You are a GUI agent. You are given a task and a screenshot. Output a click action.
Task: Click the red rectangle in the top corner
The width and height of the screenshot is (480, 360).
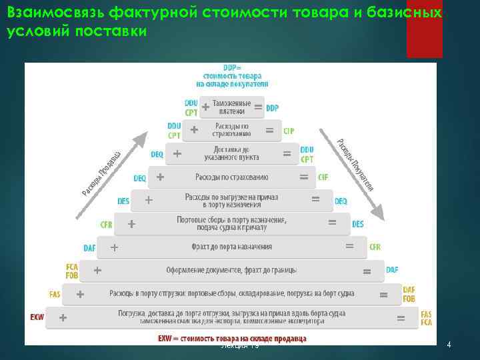pyautogui.click(x=424, y=29)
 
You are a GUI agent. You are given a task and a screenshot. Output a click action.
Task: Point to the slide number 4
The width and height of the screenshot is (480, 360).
pyautogui.click(x=449, y=345)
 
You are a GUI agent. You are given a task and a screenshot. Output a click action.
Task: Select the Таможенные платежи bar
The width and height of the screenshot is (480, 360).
pyautogui.click(x=231, y=107)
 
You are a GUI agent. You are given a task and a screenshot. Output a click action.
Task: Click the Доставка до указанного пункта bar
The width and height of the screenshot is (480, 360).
pyautogui.click(x=231, y=153)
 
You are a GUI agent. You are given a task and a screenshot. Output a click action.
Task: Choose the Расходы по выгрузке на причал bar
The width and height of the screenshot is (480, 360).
pyautogui.click(x=231, y=200)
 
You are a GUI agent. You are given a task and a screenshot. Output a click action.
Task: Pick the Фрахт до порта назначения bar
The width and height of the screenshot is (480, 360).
pyautogui.click(x=231, y=247)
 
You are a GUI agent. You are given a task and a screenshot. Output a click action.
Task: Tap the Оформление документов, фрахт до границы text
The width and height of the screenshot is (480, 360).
pyautogui.click(x=231, y=270)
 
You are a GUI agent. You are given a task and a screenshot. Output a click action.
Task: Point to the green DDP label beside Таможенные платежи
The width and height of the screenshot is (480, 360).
pyautogui.click(x=272, y=108)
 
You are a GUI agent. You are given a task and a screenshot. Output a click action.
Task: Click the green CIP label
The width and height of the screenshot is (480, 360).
pyautogui.click(x=289, y=131)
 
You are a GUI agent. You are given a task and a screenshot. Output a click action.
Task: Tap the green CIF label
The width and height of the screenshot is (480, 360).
pyautogui.click(x=323, y=177)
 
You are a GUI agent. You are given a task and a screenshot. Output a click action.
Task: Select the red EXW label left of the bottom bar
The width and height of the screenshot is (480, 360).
pyautogui.click(x=37, y=317)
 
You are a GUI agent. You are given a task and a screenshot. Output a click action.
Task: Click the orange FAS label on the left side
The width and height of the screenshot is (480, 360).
pyautogui.click(x=55, y=294)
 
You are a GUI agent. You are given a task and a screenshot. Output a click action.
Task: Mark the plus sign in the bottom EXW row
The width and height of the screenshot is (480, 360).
pyautogui.click(x=63, y=317)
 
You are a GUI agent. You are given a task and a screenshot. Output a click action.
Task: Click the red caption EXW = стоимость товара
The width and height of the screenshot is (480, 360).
pyautogui.click(x=231, y=339)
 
